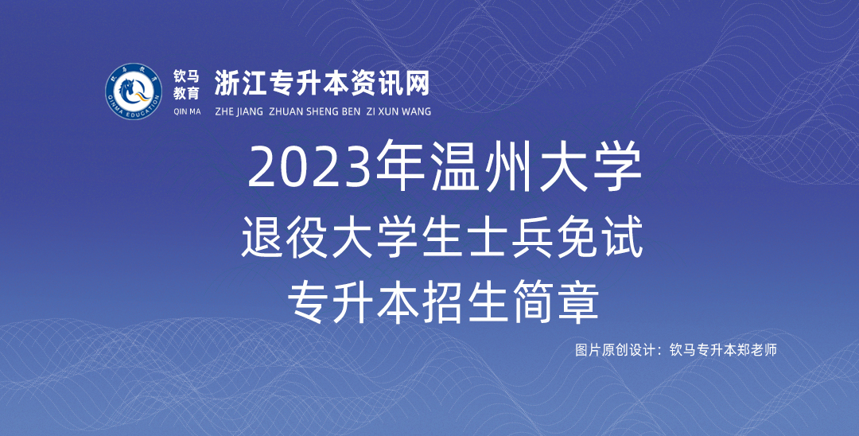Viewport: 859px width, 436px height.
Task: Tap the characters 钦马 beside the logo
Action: coord(186,76)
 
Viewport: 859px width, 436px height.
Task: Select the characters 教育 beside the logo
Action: coord(186,94)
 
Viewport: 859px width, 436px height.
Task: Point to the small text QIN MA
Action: coord(187,111)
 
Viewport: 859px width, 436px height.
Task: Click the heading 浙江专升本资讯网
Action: coord(322,83)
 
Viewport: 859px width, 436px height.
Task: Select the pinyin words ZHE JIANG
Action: coord(239,111)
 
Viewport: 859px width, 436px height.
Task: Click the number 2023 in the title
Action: coord(309,166)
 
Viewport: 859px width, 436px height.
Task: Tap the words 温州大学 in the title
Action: coord(537,165)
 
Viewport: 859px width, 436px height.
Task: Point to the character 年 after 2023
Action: coord(402,165)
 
